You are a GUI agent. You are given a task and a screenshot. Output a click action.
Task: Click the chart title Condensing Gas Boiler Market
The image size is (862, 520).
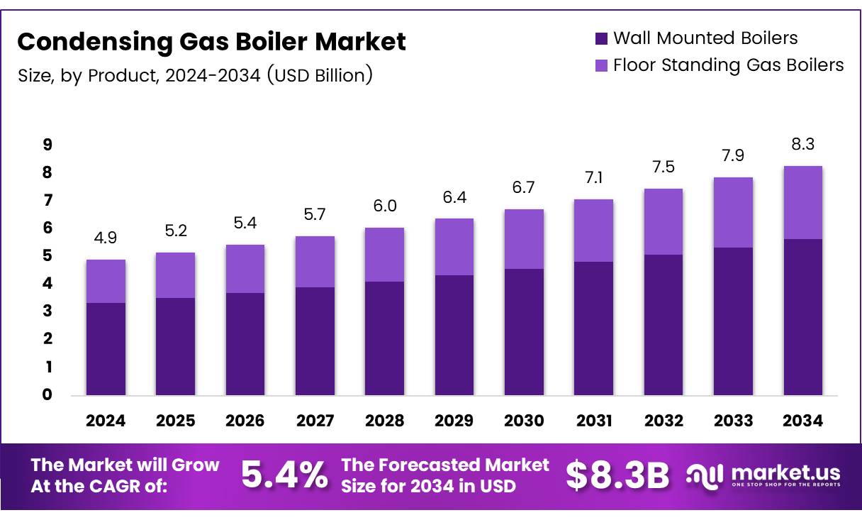click(x=211, y=43)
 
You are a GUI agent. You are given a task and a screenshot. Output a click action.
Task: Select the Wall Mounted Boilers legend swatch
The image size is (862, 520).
click(x=601, y=38)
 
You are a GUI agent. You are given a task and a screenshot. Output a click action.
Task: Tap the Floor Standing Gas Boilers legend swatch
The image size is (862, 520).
click(x=601, y=65)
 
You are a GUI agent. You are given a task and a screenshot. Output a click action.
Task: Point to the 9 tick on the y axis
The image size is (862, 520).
click(x=47, y=145)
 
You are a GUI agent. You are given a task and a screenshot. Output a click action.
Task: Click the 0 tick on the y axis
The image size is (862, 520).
click(x=47, y=395)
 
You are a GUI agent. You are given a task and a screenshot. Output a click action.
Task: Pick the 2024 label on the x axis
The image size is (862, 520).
click(x=106, y=421)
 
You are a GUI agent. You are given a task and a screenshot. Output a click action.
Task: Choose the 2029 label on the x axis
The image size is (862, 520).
click(x=454, y=421)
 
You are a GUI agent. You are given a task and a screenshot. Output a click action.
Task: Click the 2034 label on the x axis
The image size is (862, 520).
click(x=803, y=421)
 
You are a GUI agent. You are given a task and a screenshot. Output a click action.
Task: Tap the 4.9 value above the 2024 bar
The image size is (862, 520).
click(x=106, y=238)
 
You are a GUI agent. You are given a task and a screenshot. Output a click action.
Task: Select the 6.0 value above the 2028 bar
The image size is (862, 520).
click(x=385, y=206)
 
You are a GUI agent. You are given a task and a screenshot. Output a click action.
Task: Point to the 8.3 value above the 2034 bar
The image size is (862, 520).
click(x=803, y=145)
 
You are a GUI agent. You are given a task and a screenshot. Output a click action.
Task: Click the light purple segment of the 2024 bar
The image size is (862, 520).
click(x=106, y=282)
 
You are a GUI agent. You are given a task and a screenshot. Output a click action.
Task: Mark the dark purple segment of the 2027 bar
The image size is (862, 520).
click(x=315, y=341)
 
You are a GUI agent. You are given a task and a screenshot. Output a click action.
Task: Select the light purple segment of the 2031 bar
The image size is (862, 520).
click(x=594, y=231)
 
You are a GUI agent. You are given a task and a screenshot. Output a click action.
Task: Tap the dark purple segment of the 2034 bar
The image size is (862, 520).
click(x=803, y=316)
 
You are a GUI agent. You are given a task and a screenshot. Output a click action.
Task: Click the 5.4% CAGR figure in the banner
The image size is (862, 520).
click(x=285, y=475)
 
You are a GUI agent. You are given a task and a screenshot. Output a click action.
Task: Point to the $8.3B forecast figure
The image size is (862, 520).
click(x=617, y=476)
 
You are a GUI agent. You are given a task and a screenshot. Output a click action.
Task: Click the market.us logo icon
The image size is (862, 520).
click(x=705, y=476)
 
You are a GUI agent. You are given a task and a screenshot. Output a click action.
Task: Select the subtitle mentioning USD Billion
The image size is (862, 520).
click(x=195, y=75)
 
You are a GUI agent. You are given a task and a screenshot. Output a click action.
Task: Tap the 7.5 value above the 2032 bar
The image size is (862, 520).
click(x=664, y=167)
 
